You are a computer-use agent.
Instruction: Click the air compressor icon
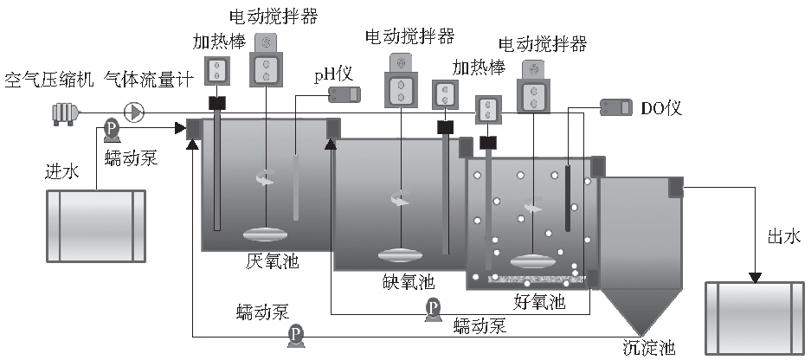tap(66, 112)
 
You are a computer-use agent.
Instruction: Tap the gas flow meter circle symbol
tap(135, 112)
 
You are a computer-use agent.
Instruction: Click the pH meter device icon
tap(343, 93)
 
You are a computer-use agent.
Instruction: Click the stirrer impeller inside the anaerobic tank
tap(267, 234)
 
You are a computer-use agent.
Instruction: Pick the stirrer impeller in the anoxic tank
tap(402, 255)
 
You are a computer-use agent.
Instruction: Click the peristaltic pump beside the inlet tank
tap(112, 129)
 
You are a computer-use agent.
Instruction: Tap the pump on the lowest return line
tap(296, 334)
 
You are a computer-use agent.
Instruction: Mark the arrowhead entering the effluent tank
tap(755, 277)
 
